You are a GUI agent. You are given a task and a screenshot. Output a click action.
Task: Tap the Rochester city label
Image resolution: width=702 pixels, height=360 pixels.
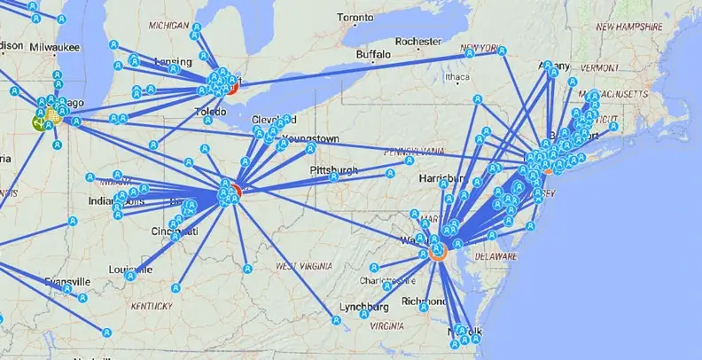tap(418, 41)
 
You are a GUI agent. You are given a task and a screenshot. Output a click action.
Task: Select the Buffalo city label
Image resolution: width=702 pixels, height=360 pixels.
tap(372, 55)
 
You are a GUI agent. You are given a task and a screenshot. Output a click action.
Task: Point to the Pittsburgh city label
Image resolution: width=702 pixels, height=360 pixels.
tap(334, 169)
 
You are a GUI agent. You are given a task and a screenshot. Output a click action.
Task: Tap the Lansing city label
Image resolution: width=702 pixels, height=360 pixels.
tap(160, 59)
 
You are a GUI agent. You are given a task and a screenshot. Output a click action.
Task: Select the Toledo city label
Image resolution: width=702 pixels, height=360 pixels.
tap(211, 112)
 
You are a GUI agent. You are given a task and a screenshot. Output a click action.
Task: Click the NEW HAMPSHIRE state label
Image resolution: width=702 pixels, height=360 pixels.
tap(629, 27)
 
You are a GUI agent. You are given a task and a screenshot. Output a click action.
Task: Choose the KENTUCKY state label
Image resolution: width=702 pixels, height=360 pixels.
tap(152, 306)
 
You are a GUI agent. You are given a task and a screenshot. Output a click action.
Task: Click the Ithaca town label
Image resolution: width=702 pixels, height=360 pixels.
tap(457, 76)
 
